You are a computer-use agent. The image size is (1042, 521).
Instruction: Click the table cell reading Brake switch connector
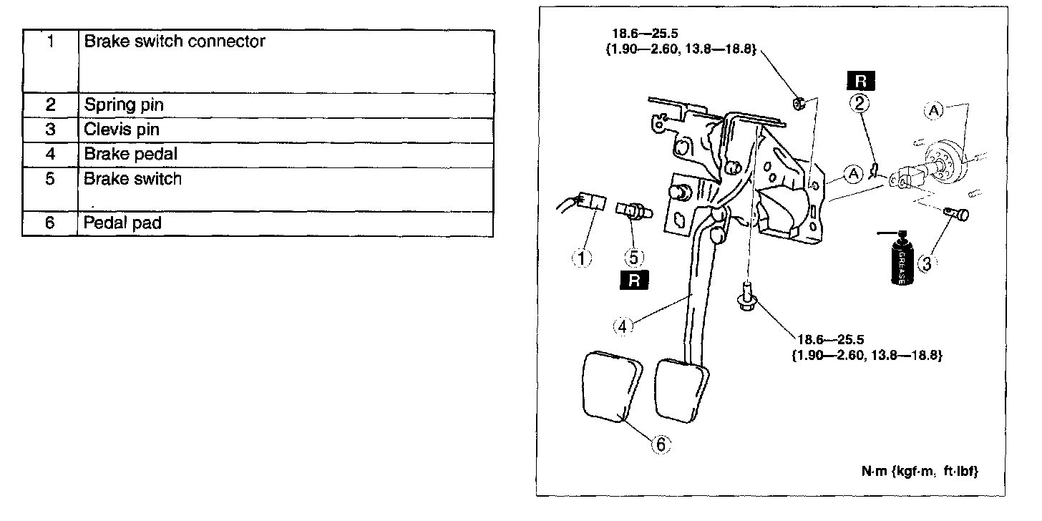pyautogui.click(x=175, y=42)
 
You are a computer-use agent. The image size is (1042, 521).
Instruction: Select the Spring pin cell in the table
pyautogui.click(x=124, y=104)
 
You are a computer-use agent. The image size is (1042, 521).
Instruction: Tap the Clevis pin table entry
pyautogui.click(x=122, y=130)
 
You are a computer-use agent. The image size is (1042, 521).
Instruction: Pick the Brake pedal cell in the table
pyautogui.click(x=130, y=154)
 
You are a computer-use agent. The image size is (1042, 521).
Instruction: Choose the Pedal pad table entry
pyautogui.click(x=122, y=223)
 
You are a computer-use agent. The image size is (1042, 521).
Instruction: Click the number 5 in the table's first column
pyautogui.click(x=49, y=179)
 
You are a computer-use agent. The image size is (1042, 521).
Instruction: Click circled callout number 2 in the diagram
pyautogui.click(x=860, y=104)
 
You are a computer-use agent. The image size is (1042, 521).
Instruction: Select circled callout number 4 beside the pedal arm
pyautogui.click(x=623, y=326)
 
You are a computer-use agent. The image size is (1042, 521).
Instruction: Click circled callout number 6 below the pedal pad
pyautogui.click(x=660, y=444)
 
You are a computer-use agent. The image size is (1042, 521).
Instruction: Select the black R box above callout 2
pyautogui.click(x=860, y=79)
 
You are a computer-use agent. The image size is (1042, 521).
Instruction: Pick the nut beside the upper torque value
pyautogui.click(x=800, y=104)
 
